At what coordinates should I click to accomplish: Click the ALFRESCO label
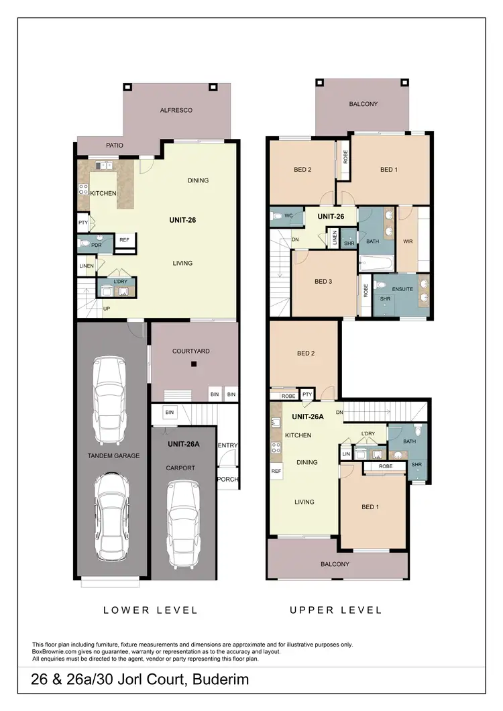[x=176, y=110]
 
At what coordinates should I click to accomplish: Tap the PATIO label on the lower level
[x=115, y=145]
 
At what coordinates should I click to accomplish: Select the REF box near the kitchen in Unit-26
[x=124, y=239]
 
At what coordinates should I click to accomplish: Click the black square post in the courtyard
[x=193, y=364]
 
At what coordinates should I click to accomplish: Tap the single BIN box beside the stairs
[x=170, y=412]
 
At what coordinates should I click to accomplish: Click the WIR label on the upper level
[x=407, y=241]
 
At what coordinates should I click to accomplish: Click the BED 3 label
[x=323, y=281]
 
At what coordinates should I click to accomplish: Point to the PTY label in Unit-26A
[x=307, y=395]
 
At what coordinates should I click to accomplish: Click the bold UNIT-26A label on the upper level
[x=309, y=416]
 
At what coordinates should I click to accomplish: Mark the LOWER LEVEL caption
[x=150, y=610]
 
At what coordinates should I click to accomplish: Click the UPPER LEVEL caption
[x=335, y=610]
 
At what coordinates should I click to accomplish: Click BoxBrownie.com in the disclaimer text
[x=56, y=651]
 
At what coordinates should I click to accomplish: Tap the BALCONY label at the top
[x=364, y=104]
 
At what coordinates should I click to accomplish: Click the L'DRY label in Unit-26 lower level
[x=121, y=281]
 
